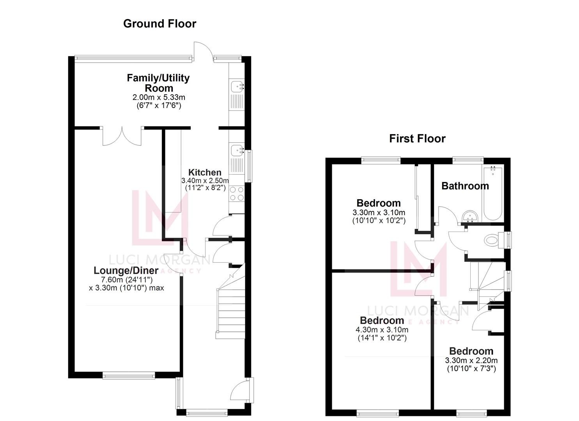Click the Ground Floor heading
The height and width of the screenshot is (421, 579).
[x=159, y=24]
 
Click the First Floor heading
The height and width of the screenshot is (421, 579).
[x=417, y=139]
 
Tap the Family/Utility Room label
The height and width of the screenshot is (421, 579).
[x=158, y=83]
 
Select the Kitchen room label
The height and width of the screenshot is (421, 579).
[x=205, y=172]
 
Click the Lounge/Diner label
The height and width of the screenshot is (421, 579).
[x=126, y=271]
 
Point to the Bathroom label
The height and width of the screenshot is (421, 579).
[x=465, y=186]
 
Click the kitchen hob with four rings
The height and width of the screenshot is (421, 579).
[x=237, y=194]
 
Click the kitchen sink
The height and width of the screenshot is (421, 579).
[x=237, y=150]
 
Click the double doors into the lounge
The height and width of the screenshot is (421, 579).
[x=122, y=136]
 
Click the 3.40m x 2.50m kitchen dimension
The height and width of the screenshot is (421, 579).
[x=205, y=181]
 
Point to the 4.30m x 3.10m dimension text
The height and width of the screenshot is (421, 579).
[x=382, y=330]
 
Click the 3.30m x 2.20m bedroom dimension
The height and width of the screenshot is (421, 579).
[x=471, y=361]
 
